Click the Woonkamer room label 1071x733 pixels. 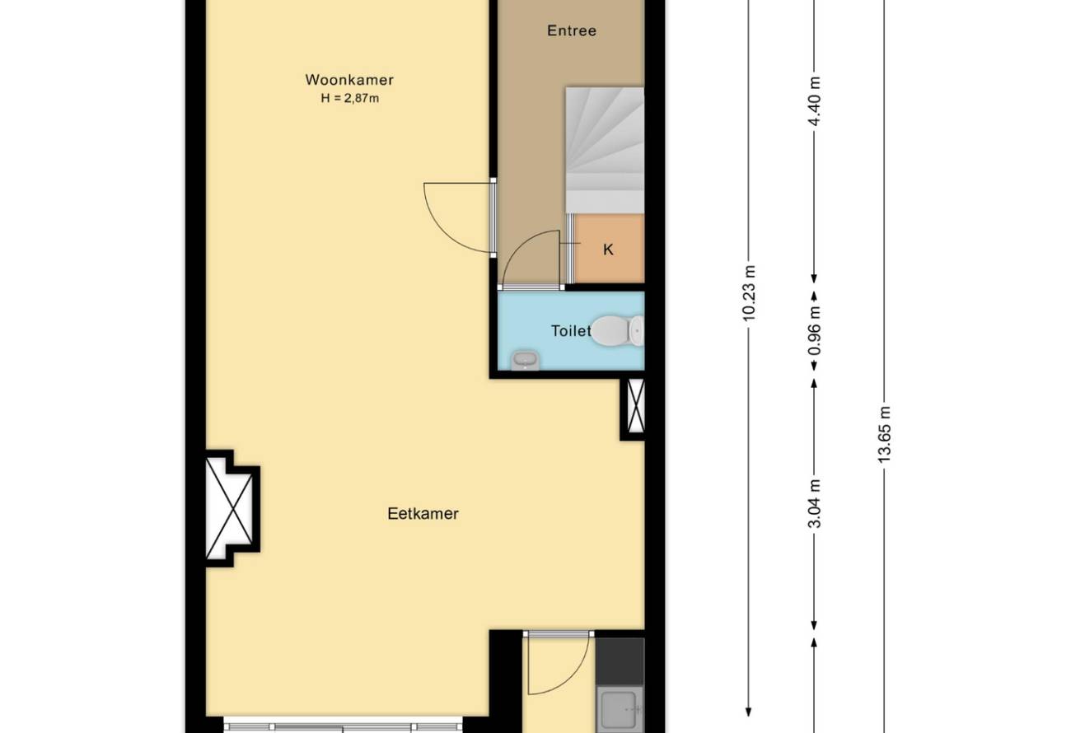349,80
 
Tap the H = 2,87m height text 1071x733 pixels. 350,99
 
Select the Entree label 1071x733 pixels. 572,31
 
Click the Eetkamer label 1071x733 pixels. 423,514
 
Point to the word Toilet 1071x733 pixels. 571,330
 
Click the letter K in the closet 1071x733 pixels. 608,250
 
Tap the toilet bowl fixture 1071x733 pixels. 617,330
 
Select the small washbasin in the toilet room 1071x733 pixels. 525,360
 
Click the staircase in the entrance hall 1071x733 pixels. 605,150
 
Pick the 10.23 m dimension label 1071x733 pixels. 749,293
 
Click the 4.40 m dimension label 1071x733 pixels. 814,100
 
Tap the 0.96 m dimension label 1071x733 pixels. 814,330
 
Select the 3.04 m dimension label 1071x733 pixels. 814,503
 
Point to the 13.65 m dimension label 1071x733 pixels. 884,434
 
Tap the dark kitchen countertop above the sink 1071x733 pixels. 620,662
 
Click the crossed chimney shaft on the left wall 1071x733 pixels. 229,508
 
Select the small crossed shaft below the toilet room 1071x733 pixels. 635,406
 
